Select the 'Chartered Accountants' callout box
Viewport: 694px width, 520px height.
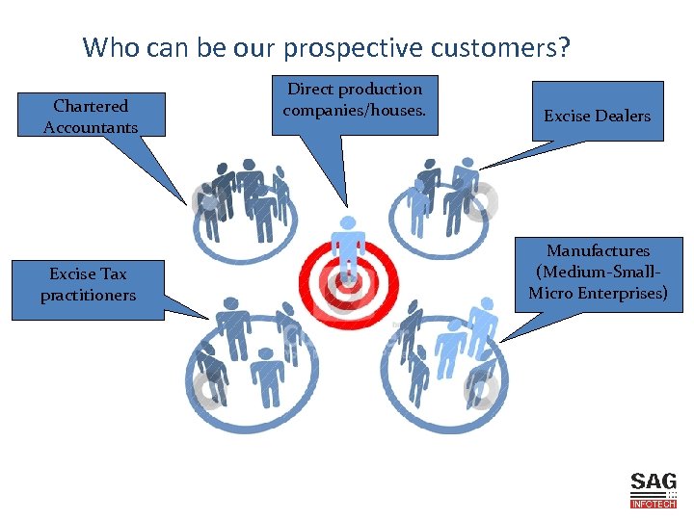point(91,116)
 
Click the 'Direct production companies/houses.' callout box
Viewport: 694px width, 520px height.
point(355,100)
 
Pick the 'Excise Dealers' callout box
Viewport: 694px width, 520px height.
point(597,116)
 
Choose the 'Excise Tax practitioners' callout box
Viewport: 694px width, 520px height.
point(88,285)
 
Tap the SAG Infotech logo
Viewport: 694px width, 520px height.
point(654,489)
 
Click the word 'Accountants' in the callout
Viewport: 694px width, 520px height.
point(91,127)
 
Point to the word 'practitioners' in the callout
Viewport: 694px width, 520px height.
point(88,296)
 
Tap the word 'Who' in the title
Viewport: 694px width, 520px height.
point(106,47)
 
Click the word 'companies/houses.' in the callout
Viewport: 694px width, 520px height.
point(355,110)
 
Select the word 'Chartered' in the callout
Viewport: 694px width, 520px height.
point(91,106)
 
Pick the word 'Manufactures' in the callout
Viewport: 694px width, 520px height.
point(598,251)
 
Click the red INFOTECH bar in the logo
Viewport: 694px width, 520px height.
point(654,504)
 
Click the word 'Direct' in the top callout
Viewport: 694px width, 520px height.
point(308,90)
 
